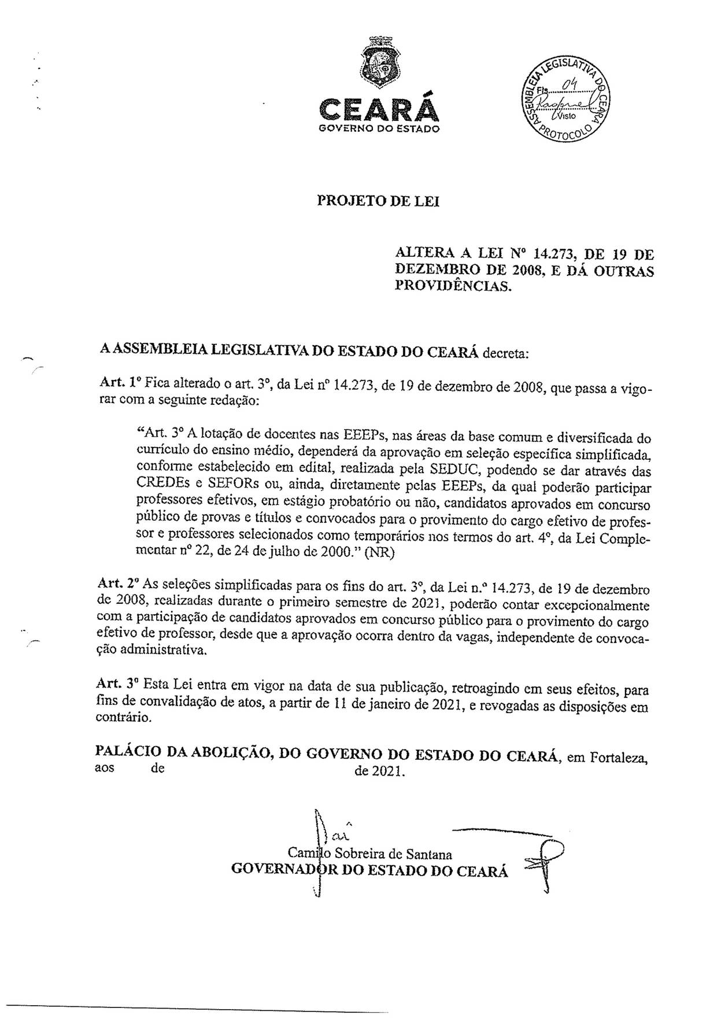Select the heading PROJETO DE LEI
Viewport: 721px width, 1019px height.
click(x=378, y=201)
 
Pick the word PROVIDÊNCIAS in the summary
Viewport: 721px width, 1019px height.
click(x=453, y=285)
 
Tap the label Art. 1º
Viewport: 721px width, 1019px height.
click(x=119, y=383)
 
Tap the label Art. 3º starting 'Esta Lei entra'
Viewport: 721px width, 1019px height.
click(x=118, y=684)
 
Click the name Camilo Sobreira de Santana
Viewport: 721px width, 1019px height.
click(x=370, y=854)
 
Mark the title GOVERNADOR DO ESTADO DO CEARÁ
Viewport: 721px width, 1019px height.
click(x=369, y=871)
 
